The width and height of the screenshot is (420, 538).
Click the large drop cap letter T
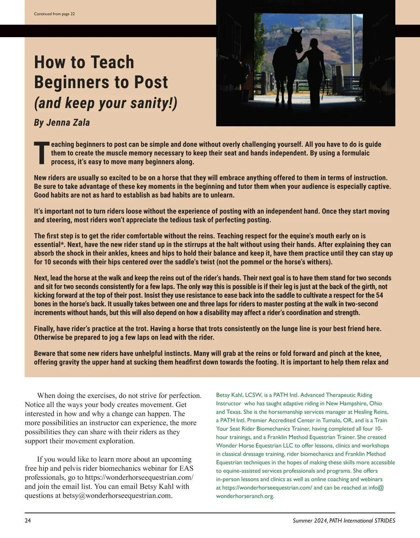coord(41,153)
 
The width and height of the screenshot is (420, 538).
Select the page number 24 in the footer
coord(28,520)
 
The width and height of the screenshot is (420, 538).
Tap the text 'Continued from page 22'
coord(54,14)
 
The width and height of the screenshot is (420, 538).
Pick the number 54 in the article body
coord(379,295)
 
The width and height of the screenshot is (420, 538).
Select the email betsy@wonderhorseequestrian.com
coord(117,496)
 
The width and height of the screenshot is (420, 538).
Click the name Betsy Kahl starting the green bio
coord(229,395)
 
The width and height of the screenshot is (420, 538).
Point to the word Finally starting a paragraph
coord(44,329)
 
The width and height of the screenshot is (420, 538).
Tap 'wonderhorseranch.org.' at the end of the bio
coord(245,496)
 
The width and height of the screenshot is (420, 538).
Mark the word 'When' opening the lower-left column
coord(46,396)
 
